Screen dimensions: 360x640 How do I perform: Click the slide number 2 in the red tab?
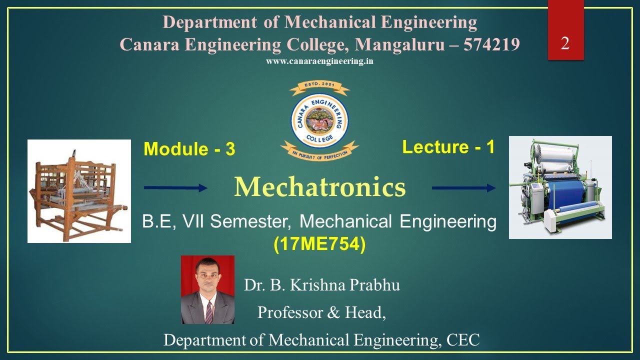565,44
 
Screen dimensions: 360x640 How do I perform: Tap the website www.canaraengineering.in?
320,61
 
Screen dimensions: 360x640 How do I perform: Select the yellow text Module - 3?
189,149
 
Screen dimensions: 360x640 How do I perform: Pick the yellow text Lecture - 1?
448,147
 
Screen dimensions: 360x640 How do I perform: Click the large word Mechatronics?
320,187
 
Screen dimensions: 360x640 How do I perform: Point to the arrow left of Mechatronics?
175,188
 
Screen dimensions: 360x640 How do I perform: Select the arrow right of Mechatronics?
463,188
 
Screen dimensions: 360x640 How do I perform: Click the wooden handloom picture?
79,191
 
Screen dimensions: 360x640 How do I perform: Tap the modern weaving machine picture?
560,187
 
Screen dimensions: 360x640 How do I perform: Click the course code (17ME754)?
320,244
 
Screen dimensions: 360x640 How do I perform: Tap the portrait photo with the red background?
207,289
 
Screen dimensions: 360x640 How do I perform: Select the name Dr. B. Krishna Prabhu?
322,285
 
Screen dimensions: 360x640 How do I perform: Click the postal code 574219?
491,44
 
